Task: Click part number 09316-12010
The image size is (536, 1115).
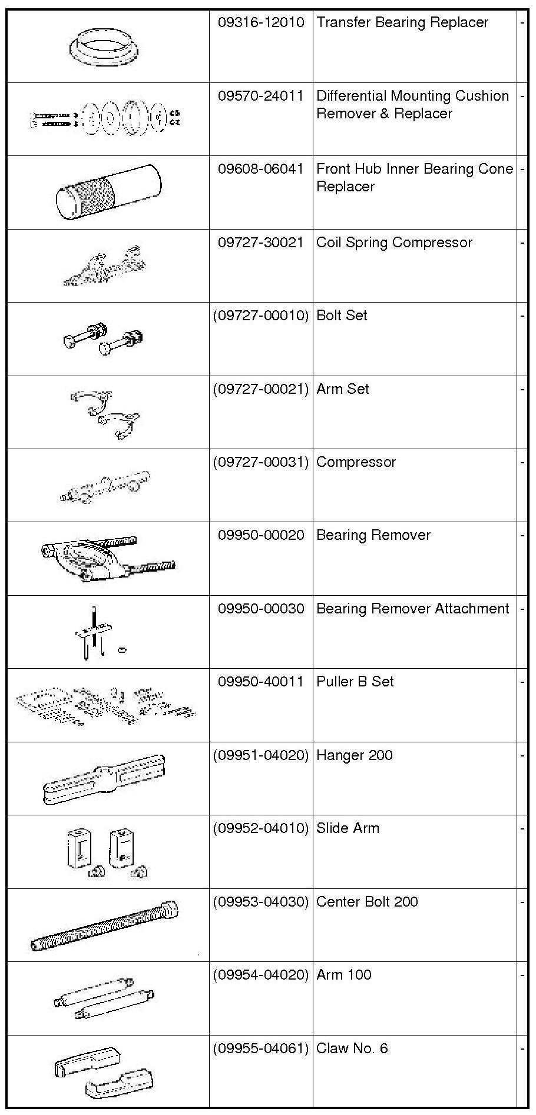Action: [261, 22]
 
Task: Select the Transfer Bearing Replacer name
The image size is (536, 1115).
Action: [402, 22]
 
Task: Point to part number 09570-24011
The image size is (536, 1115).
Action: [261, 96]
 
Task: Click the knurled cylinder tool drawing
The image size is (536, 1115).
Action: [108, 192]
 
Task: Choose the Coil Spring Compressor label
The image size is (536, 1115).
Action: [394, 243]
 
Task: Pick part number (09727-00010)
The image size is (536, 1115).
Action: [261, 316]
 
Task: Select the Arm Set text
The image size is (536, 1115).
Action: [343, 389]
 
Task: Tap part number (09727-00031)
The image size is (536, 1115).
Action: [261, 462]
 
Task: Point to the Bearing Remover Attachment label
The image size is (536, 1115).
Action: [412, 609]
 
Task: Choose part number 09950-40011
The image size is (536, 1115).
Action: [261, 682]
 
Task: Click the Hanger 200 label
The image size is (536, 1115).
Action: [355, 755]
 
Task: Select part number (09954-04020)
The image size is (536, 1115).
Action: [261, 975]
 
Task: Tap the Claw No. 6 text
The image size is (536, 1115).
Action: [352, 1048]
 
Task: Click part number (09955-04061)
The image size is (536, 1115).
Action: [261, 1048]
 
